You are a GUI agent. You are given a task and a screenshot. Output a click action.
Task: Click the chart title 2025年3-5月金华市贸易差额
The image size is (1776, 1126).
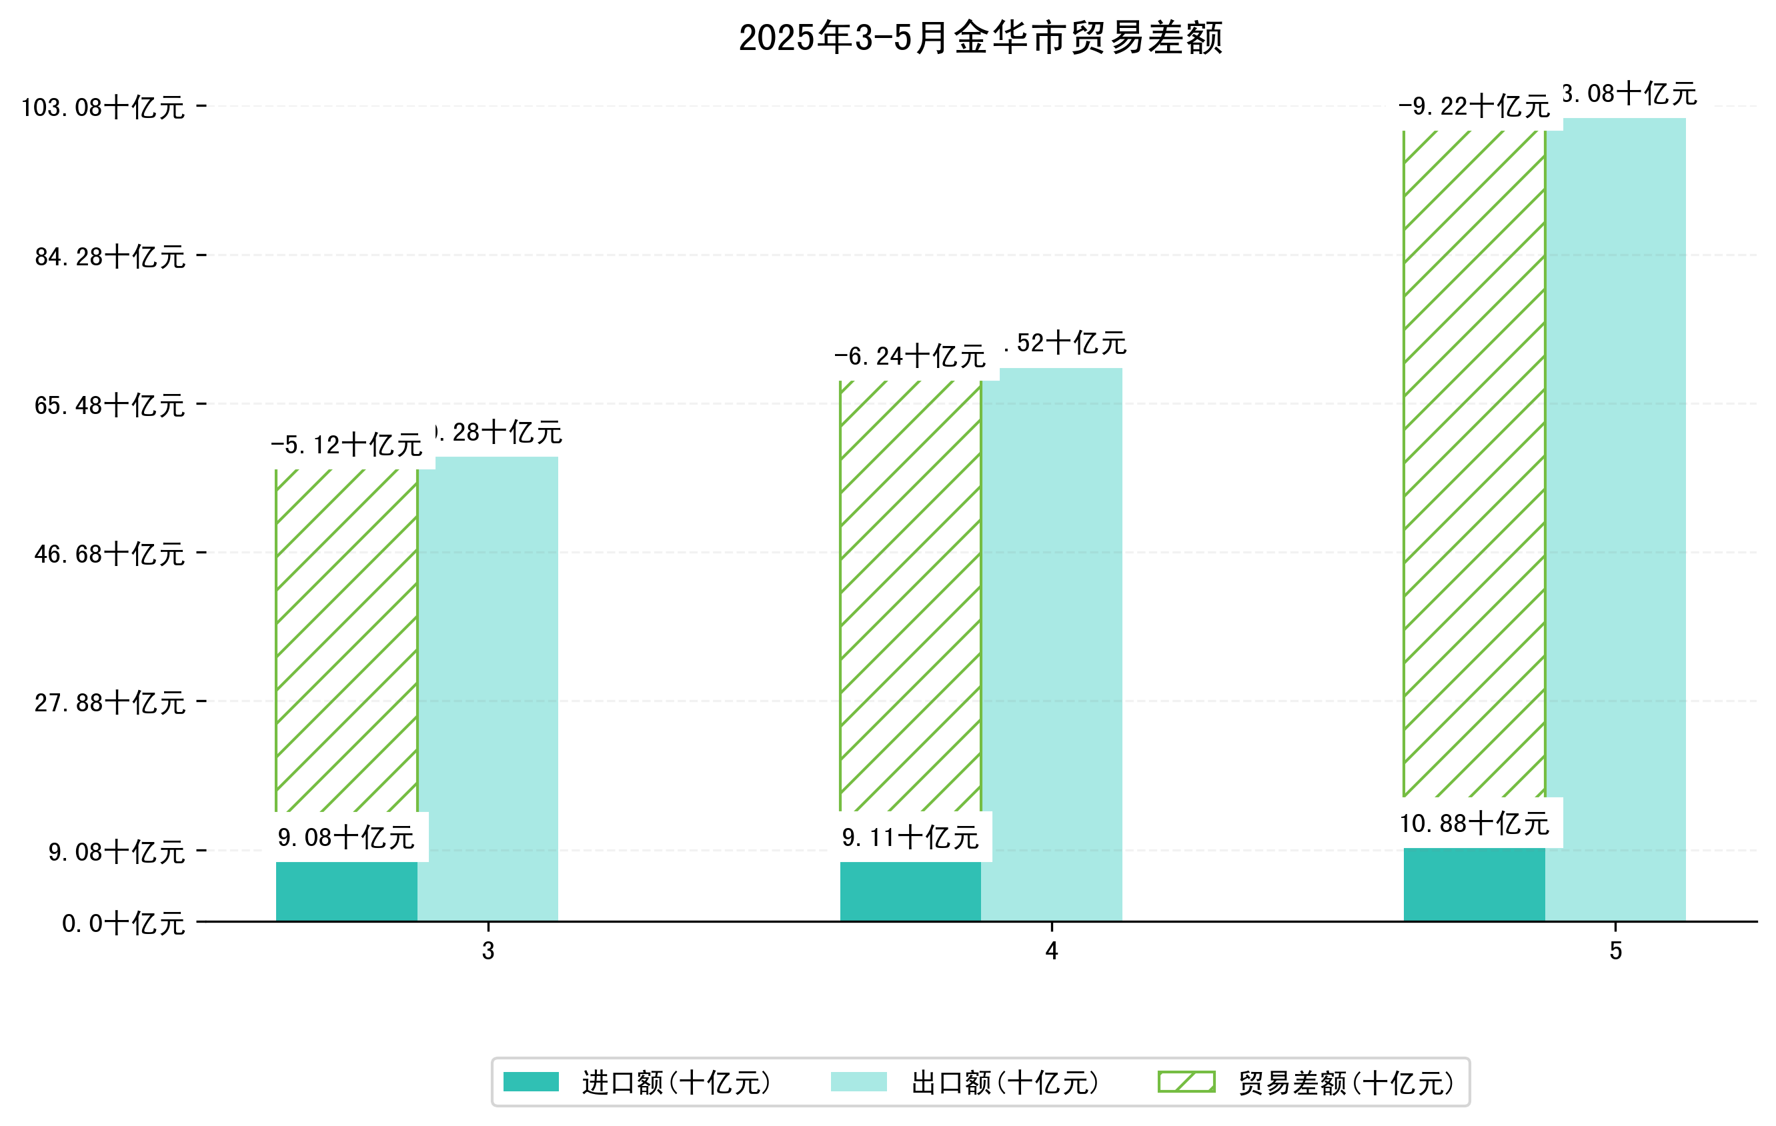980,39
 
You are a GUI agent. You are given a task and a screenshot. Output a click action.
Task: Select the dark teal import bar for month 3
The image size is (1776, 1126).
346,891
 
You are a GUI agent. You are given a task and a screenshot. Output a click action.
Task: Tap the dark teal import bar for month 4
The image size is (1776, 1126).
910,891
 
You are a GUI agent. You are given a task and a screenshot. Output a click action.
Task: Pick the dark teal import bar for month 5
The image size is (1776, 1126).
1474,884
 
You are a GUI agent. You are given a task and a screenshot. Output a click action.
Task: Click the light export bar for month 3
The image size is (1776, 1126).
488,689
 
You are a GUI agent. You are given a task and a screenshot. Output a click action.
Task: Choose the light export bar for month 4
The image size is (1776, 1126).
1052,645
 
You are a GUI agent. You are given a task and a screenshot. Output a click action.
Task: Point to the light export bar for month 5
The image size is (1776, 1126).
1615,519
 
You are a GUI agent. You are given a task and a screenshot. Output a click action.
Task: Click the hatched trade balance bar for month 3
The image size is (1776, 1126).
346,640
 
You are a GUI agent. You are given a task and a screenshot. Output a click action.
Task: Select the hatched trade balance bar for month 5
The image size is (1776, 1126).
1474,463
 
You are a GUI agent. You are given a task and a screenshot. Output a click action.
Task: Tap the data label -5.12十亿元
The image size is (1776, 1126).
346,445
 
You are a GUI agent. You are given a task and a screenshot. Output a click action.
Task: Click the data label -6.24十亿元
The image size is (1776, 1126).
910,357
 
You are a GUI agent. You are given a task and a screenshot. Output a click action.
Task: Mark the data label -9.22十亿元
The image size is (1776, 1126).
1474,107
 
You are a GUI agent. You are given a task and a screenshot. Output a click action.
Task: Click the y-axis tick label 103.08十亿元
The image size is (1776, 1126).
103,107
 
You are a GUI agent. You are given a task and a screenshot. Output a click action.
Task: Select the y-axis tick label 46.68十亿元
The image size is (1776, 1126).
110,554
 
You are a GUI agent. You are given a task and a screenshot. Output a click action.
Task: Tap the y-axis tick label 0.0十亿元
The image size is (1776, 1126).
123,923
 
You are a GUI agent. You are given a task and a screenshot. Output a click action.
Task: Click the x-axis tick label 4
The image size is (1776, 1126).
1052,951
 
